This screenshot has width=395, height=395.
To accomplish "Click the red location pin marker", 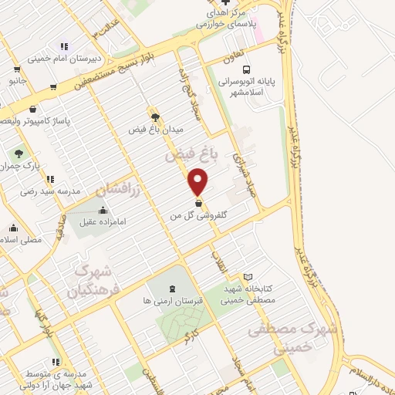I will point(199,182).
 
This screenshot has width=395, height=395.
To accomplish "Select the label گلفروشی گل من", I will point(203,215).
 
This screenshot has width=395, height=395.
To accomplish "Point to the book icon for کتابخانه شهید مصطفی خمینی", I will point(248,276).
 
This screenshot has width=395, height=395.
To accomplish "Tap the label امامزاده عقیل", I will point(102,223).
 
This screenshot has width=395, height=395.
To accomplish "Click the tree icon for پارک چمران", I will point(18,154).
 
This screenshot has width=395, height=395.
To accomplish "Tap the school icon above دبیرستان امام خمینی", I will point(64,46).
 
